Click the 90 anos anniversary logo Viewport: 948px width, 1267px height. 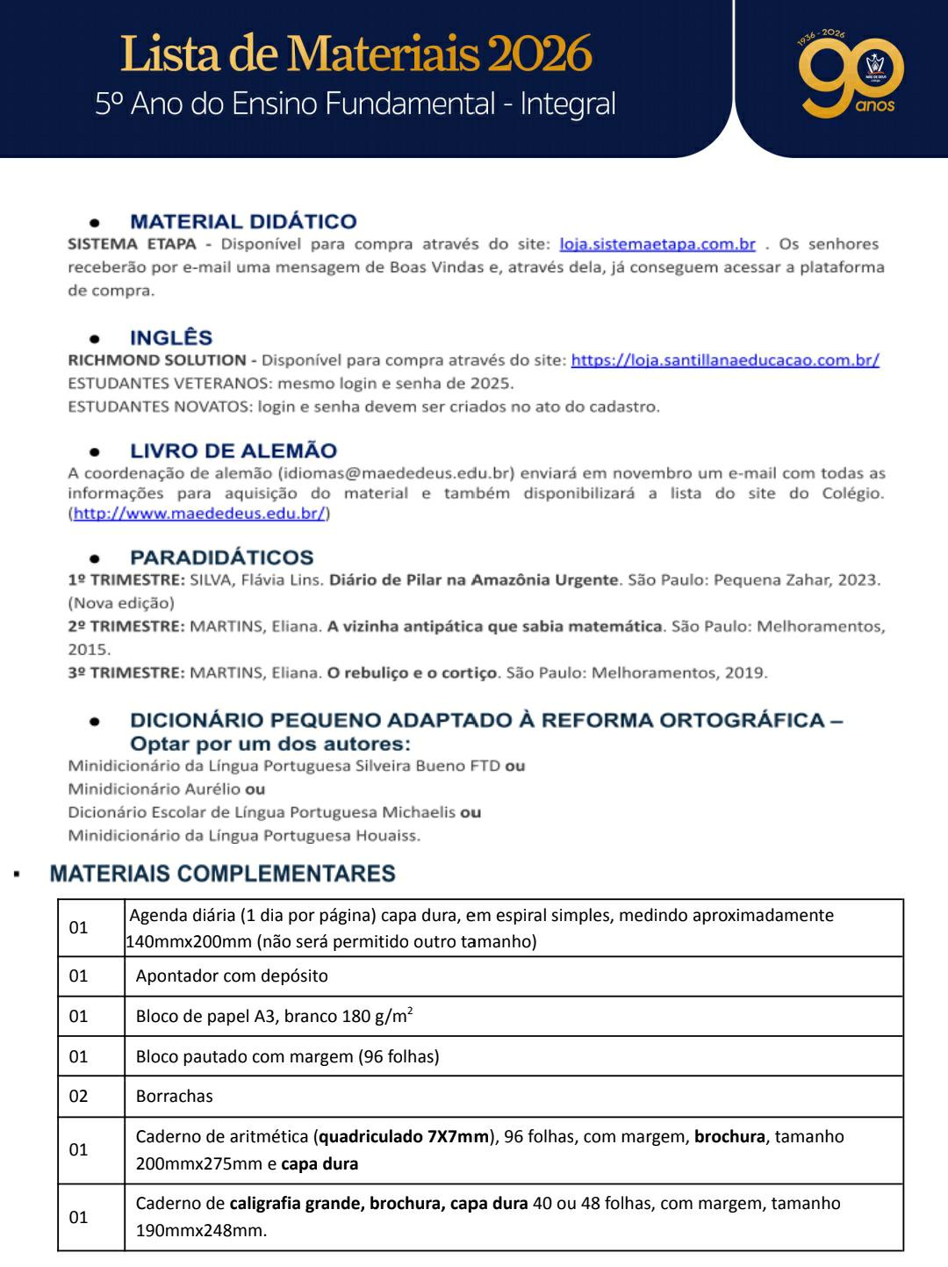[850, 76]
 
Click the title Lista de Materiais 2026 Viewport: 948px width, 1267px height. [355, 54]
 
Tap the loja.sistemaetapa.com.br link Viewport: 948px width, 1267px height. [657, 244]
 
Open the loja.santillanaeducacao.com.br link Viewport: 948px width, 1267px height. [725, 360]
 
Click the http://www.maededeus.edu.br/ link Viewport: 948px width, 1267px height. [199, 514]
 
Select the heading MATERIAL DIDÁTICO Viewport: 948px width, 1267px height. [243, 221]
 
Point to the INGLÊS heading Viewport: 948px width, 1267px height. [171, 338]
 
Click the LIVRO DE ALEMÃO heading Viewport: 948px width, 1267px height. [233, 451]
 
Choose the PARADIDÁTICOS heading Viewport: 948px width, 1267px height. [221, 558]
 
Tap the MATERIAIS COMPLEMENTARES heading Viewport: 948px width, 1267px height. [222, 874]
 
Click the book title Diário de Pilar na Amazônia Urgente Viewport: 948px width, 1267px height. [474, 580]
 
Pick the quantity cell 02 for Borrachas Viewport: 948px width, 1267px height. [79, 1096]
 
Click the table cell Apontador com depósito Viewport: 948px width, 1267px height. [232, 975]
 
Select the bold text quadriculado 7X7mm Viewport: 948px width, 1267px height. [404, 1137]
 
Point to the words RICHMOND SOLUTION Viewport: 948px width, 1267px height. [157, 360]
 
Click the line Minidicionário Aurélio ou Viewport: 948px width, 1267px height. [167, 789]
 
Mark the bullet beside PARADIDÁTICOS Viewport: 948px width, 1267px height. [94, 558]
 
